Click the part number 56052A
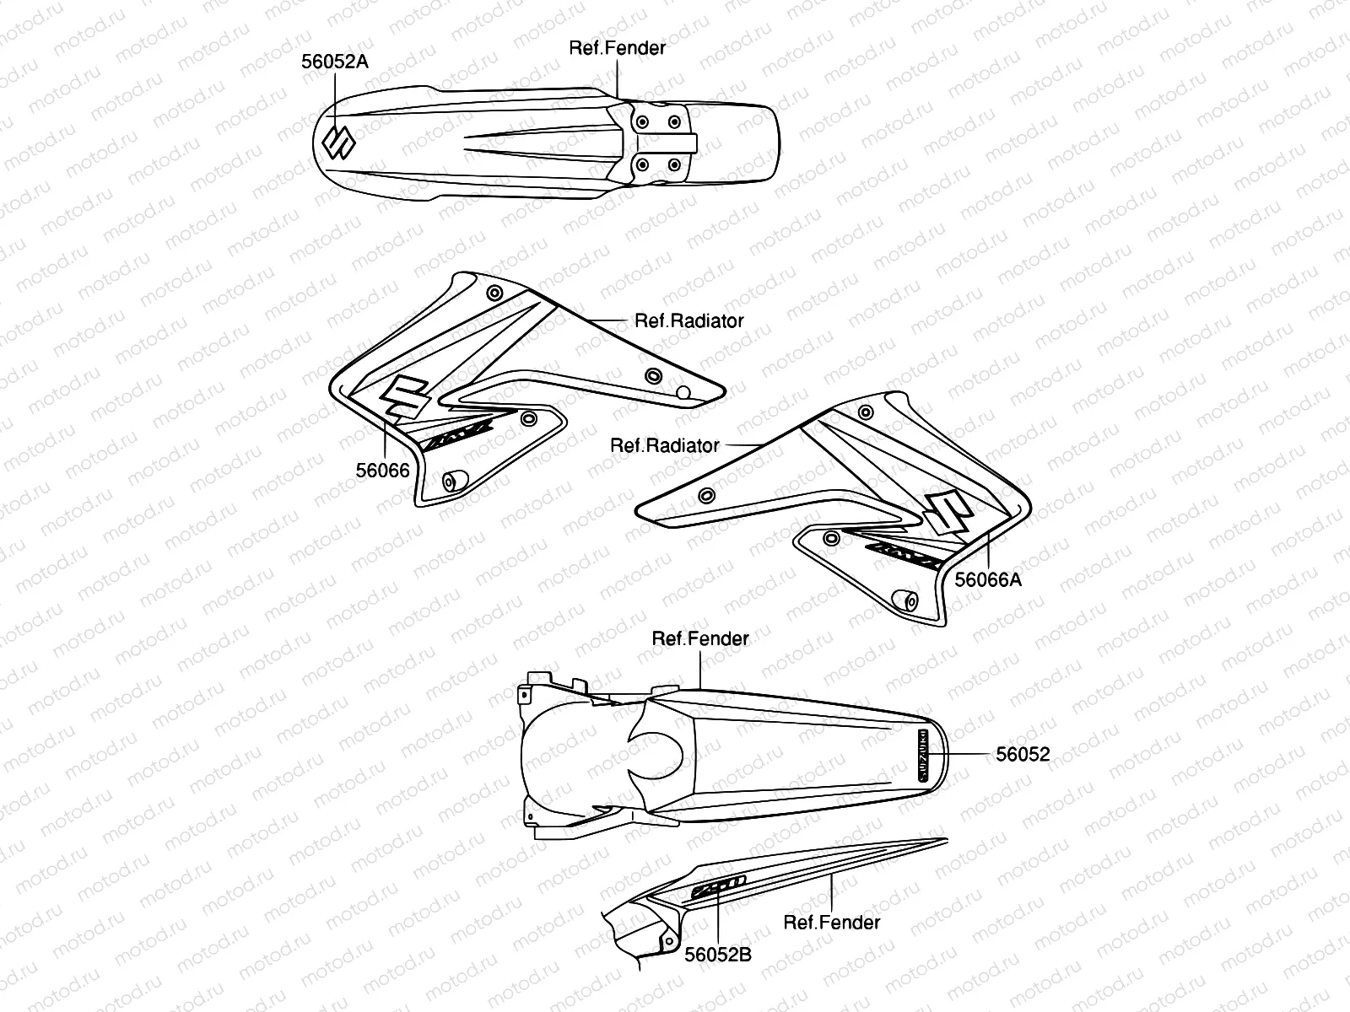point(335,62)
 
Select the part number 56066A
point(988,579)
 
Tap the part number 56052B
point(718,954)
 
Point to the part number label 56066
point(382,471)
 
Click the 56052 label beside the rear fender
point(1023,754)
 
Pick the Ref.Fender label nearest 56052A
point(617,48)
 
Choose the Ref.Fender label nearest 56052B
point(831,923)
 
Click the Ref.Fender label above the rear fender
point(699,639)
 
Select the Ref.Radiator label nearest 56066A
point(665,445)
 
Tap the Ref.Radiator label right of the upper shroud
point(688,320)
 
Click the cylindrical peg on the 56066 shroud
point(453,481)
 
